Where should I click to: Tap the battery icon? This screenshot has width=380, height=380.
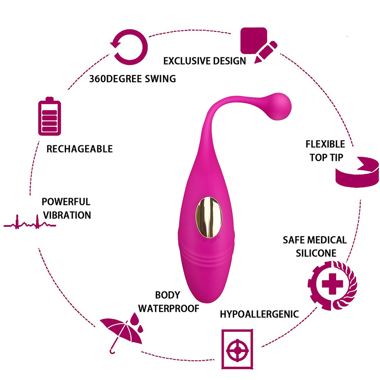[49, 116]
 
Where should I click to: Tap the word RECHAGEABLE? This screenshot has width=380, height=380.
[79, 149]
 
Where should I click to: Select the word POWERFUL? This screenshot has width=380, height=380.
[66, 202]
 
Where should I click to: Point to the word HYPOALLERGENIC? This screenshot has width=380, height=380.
[259, 314]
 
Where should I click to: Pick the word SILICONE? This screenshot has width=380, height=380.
[316, 253]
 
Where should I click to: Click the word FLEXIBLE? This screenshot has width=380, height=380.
[325, 144]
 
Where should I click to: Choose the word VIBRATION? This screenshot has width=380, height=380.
[66, 215]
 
